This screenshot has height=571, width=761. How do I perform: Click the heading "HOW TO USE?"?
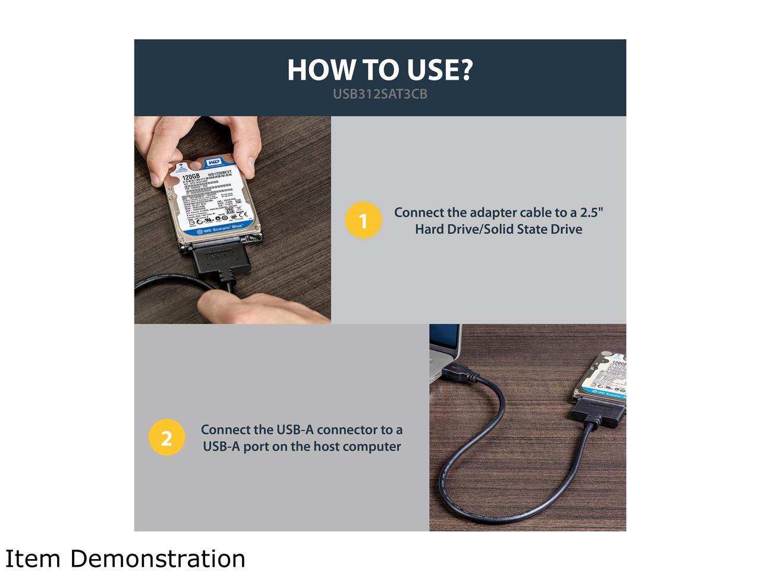pos(380,70)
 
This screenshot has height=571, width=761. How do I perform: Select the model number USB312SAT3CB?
pos(380,94)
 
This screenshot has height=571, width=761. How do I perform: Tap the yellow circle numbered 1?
pos(363,221)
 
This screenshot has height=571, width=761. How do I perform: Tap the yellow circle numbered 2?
pos(166,438)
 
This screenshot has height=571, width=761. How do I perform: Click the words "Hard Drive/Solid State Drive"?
pos(498,229)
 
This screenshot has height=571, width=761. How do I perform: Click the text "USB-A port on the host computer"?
pos(301,446)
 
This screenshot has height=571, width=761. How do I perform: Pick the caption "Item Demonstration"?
pos(125,559)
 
